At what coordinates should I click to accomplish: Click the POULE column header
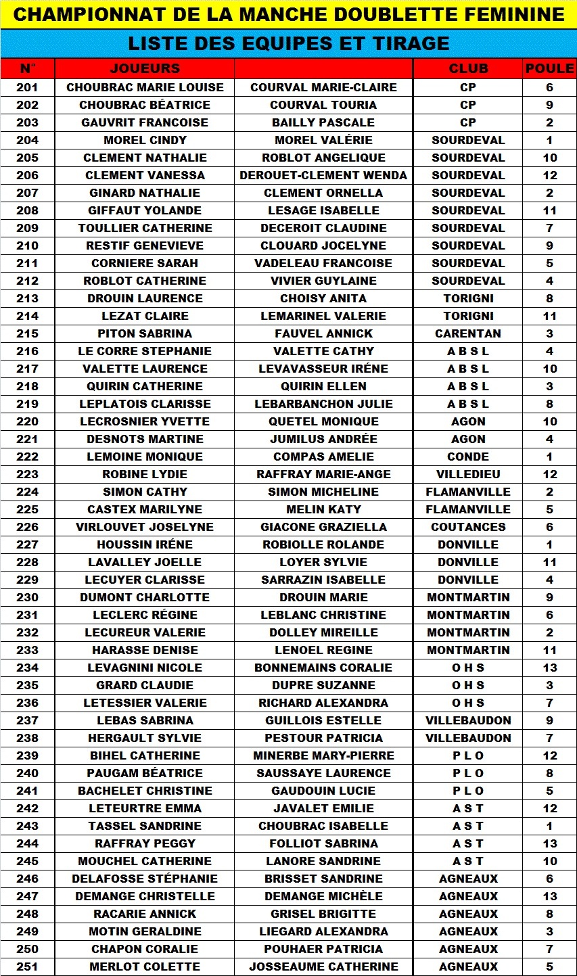click(549, 68)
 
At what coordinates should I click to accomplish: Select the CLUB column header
click(468, 68)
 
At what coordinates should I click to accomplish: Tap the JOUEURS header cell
click(145, 68)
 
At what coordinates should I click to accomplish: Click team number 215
click(27, 333)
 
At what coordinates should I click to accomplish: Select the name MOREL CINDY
click(145, 140)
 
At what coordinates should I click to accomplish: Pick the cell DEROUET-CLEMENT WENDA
click(323, 175)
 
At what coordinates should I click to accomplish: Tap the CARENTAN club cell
click(468, 333)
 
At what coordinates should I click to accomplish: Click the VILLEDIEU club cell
click(468, 474)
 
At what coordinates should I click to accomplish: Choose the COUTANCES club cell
click(468, 527)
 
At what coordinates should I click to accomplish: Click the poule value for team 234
click(549, 668)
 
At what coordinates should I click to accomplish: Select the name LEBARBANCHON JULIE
click(323, 404)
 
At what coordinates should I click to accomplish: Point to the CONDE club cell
click(468, 457)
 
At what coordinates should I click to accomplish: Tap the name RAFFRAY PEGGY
click(145, 843)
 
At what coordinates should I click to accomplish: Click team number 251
click(27, 967)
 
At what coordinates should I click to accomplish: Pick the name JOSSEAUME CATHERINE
click(323, 967)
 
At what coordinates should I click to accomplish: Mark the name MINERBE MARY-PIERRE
click(323, 756)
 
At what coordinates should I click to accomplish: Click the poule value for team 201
click(549, 87)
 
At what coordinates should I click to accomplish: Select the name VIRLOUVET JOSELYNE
click(145, 527)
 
